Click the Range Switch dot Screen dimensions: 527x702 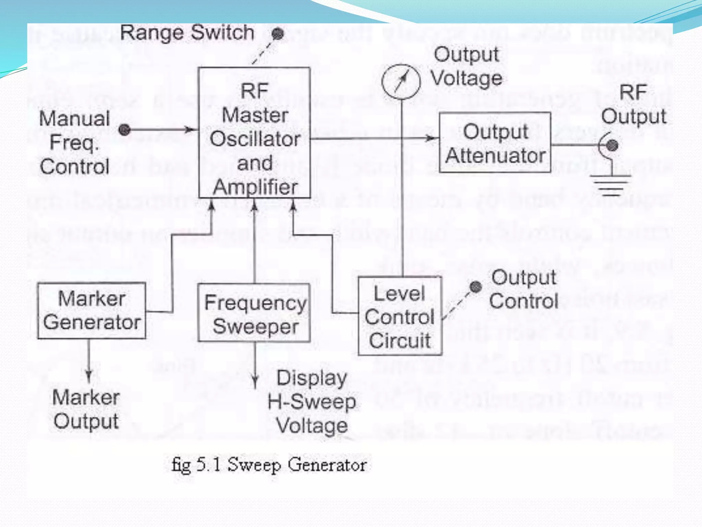pyautogui.click(x=278, y=34)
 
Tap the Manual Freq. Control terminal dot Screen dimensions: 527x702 pyautogui.click(x=124, y=129)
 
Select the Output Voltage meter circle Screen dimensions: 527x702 pyautogui.click(x=401, y=81)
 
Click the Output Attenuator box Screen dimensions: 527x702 pyautogui.click(x=495, y=142)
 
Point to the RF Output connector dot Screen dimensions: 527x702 pyautogui.click(x=612, y=145)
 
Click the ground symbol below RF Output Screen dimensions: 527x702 pyautogui.click(x=610, y=185)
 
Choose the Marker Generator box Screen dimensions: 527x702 pyautogui.click(x=92, y=311)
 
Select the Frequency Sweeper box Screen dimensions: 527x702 pyautogui.click(x=254, y=313)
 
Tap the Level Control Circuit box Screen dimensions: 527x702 pyautogui.click(x=400, y=316)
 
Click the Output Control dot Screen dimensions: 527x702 pyautogui.click(x=475, y=286)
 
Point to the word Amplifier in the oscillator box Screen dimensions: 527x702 pyautogui.click(x=255, y=187)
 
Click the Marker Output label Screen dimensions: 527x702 pyautogui.click(x=86, y=409)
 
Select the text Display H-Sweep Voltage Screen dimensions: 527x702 pyautogui.click(x=312, y=402)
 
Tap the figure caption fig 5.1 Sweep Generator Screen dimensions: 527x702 pyautogui.click(x=269, y=465)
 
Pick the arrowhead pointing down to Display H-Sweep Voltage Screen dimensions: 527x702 pyautogui.click(x=255, y=381)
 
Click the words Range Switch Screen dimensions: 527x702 pyautogui.click(x=187, y=33)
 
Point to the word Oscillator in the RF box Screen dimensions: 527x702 pyautogui.click(x=255, y=139)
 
